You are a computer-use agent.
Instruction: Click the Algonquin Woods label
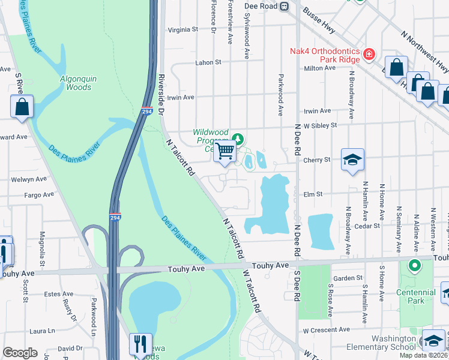(x=76, y=83)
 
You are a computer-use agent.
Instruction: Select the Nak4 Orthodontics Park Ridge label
(x=325, y=55)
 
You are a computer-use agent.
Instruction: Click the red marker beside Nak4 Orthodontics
(x=368, y=55)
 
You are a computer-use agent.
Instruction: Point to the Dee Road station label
(x=261, y=5)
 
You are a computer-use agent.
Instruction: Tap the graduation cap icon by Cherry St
(x=352, y=160)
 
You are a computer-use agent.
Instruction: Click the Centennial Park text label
(x=414, y=296)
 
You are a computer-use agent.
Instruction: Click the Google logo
(x=20, y=353)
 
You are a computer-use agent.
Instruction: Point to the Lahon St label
(x=208, y=62)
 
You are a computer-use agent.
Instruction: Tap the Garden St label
(x=349, y=278)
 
